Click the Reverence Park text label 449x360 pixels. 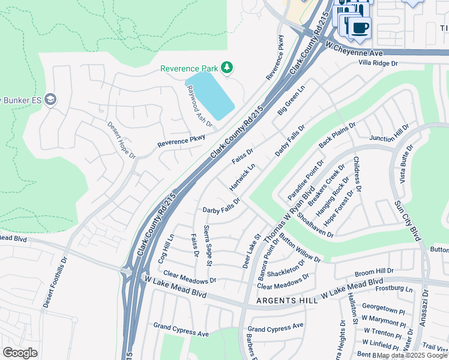point(188,68)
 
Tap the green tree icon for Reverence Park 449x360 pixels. point(227,68)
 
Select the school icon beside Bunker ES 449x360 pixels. point(50,99)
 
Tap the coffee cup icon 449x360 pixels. point(360,28)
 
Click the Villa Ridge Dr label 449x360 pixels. point(378,62)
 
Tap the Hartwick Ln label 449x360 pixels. point(243,176)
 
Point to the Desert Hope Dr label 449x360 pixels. point(122,140)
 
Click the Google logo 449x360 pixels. point(20,353)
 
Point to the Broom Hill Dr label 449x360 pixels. point(374,272)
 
